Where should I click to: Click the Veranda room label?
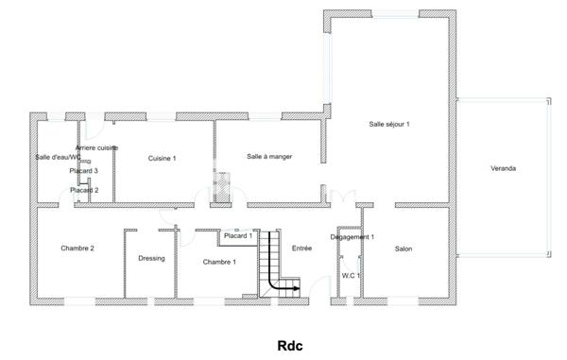pyautogui.click(x=503, y=169)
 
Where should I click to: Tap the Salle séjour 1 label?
pyautogui.click(x=389, y=125)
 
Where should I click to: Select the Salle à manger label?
pyautogui.click(x=269, y=157)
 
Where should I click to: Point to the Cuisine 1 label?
pyautogui.click(x=163, y=159)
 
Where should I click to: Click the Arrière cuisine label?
pyautogui.click(x=96, y=148)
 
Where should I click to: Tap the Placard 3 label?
pyautogui.click(x=84, y=171)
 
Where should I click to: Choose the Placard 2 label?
pyautogui.click(x=84, y=190)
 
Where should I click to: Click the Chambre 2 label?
pyautogui.click(x=77, y=249)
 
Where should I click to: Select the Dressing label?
pyautogui.click(x=151, y=258)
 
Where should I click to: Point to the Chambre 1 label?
pyautogui.click(x=219, y=262)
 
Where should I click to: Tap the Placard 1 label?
pyautogui.click(x=238, y=236)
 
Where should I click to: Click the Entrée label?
pyautogui.click(x=302, y=249)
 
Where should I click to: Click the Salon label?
pyautogui.click(x=404, y=249)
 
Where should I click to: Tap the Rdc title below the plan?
pyautogui.click(x=289, y=345)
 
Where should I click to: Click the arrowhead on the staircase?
pyautogui.click(x=297, y=287)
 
